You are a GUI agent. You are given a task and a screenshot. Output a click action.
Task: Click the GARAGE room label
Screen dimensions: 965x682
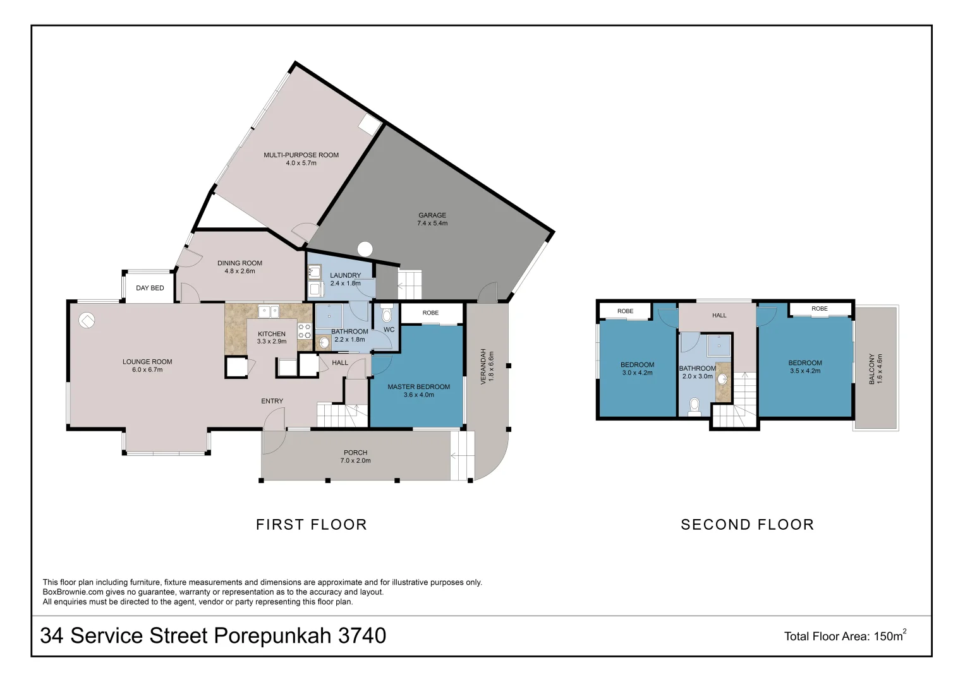click(x=432, y=215)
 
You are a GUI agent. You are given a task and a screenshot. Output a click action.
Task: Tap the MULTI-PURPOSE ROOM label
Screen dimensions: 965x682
click(x=301, y=155)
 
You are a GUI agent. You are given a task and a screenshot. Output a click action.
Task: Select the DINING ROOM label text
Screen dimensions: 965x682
click(x=240, y=263)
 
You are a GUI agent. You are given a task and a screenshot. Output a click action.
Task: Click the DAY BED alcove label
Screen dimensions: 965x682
click(x=150, y=288)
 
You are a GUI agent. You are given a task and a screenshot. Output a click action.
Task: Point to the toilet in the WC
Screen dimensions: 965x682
click(x=387, y=313)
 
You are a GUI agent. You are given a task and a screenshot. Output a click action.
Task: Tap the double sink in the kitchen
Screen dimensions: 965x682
click(x=269, y=311)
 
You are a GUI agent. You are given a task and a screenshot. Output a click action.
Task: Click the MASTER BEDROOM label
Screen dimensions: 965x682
click(x=419, y=386)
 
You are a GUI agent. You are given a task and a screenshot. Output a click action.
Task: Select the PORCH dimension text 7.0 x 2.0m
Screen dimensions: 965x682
click(x=355, y=460)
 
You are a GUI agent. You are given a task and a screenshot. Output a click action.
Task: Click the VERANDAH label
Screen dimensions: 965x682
click(x=483, y=366)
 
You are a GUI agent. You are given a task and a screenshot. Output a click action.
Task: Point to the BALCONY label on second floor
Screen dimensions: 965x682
click(x=871, y=369)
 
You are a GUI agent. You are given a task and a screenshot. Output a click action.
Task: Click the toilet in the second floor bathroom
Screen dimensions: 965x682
click(x=694, y=407)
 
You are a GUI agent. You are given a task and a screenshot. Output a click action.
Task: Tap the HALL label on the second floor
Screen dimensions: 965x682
click(x=719, y=315)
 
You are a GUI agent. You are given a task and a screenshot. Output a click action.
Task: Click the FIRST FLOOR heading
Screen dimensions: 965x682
click(x=311, y=524)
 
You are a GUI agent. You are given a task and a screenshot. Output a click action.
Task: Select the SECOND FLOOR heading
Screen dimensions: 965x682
click(x=747, y=524)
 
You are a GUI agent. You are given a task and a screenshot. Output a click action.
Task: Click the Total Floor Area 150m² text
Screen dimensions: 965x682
click(x=845, y=636)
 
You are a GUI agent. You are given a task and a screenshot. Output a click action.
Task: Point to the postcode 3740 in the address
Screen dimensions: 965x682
click(x=362, y=635)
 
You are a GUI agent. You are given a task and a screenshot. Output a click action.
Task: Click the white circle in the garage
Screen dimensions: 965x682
click(x=365, y=249)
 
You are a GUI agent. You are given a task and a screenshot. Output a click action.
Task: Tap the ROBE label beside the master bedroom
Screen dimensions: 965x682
click(x=430, y=313)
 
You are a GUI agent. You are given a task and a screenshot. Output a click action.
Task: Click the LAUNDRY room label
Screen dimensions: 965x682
click(x=345, y=275)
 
